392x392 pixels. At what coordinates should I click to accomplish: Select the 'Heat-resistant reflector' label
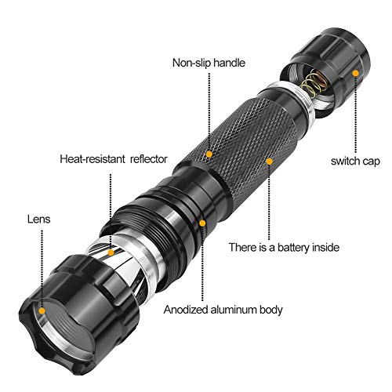point(114,158)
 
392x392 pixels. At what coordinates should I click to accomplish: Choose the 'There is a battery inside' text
point(283,247)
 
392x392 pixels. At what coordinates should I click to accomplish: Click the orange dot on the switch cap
point(355,73)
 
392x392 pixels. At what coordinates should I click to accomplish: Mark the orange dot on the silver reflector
point(112,252)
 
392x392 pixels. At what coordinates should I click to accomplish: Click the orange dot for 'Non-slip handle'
point(209,154)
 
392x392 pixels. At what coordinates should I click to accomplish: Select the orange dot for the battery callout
point(269,162)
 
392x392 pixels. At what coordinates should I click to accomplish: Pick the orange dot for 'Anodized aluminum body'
point(202,223)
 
